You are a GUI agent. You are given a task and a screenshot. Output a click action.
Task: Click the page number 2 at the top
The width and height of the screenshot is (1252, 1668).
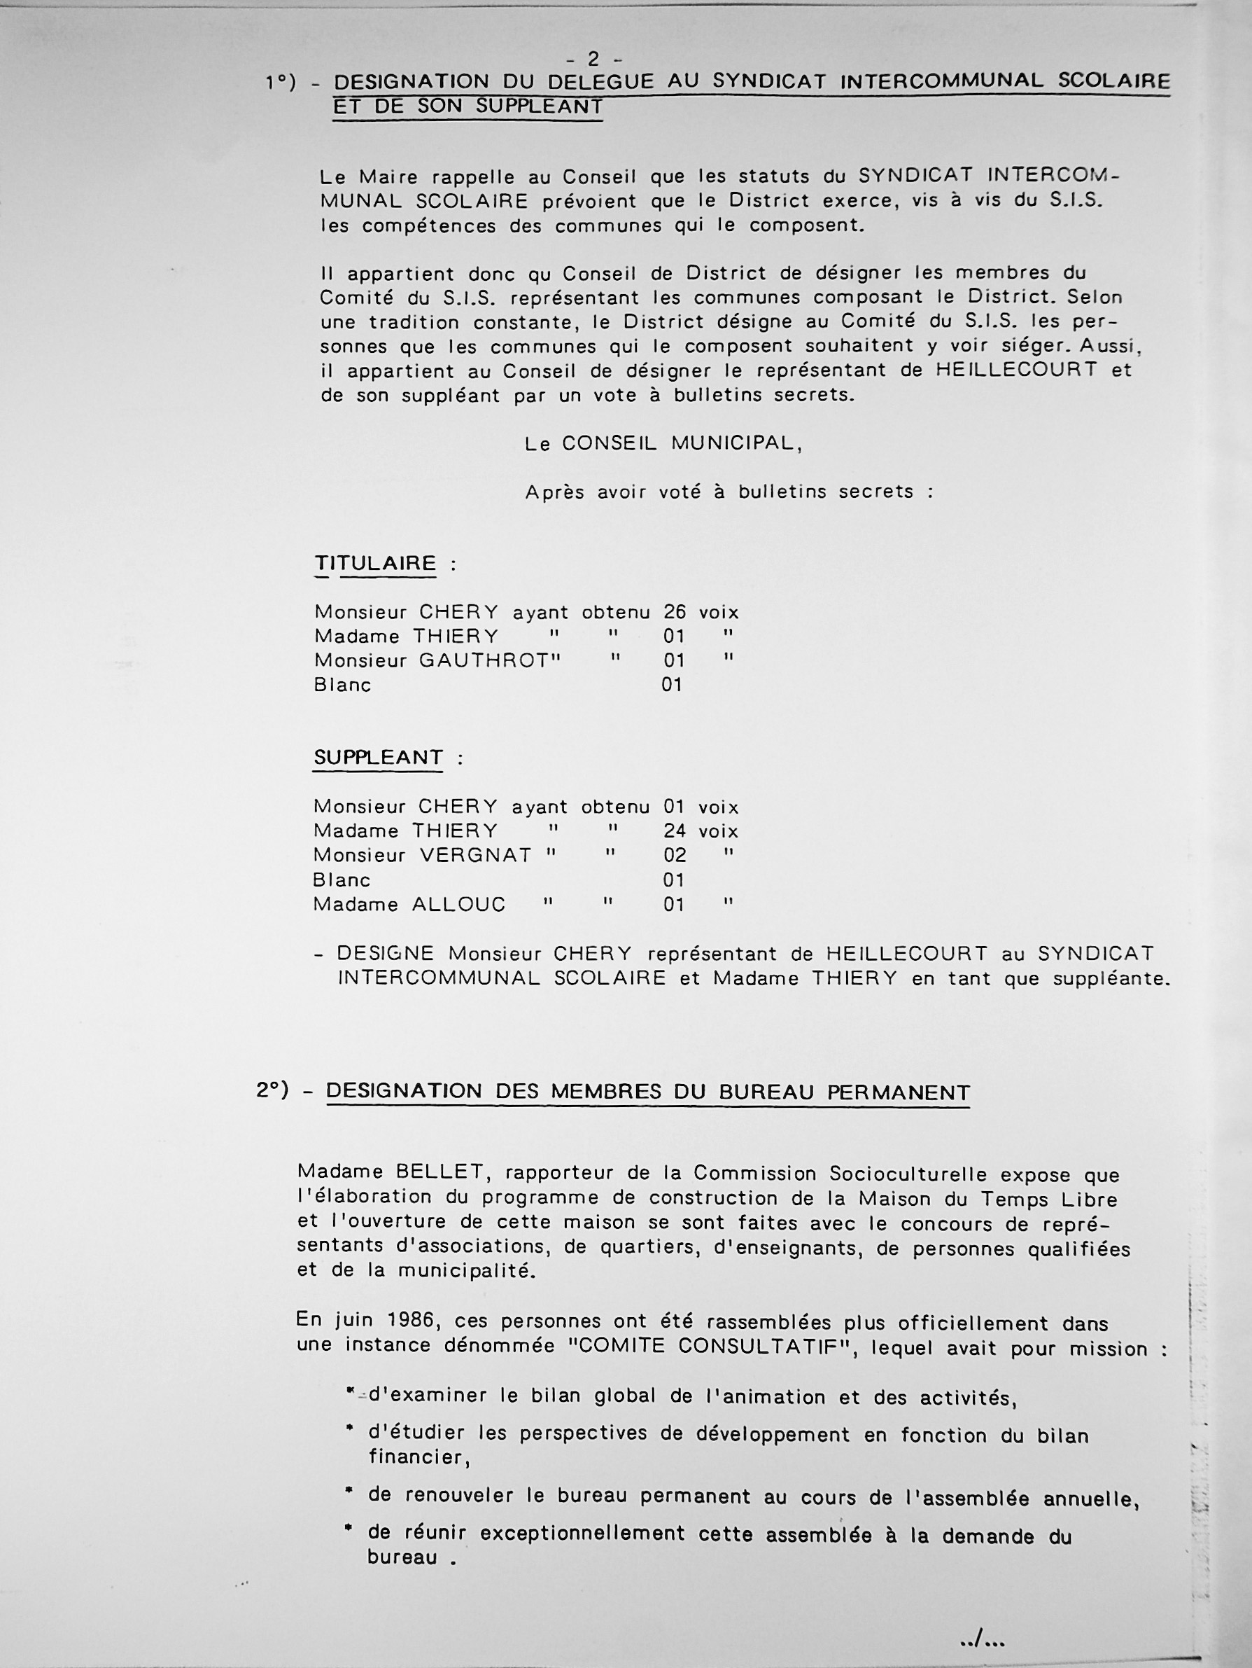coord(593,58)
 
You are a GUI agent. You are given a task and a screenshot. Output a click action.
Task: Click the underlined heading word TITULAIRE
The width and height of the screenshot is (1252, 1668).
coord(375,563)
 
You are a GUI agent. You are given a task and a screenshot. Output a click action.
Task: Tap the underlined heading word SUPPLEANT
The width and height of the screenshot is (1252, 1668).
coord(379,757)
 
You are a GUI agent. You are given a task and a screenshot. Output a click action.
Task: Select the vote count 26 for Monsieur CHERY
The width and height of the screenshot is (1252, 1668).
coord(675,611)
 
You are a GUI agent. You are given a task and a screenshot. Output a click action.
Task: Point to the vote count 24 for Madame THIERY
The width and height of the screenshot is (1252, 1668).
coord(675,831)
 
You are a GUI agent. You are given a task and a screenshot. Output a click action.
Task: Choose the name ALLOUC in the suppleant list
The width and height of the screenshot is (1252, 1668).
coord(458,904)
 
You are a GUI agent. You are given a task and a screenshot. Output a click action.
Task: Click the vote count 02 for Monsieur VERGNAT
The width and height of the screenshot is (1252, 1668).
coord(675,855)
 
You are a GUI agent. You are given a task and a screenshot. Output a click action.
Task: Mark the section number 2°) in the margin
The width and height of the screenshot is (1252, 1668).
coord(272,1090)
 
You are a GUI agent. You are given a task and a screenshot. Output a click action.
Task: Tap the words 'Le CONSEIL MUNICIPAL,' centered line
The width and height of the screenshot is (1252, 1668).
coord(663,444)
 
